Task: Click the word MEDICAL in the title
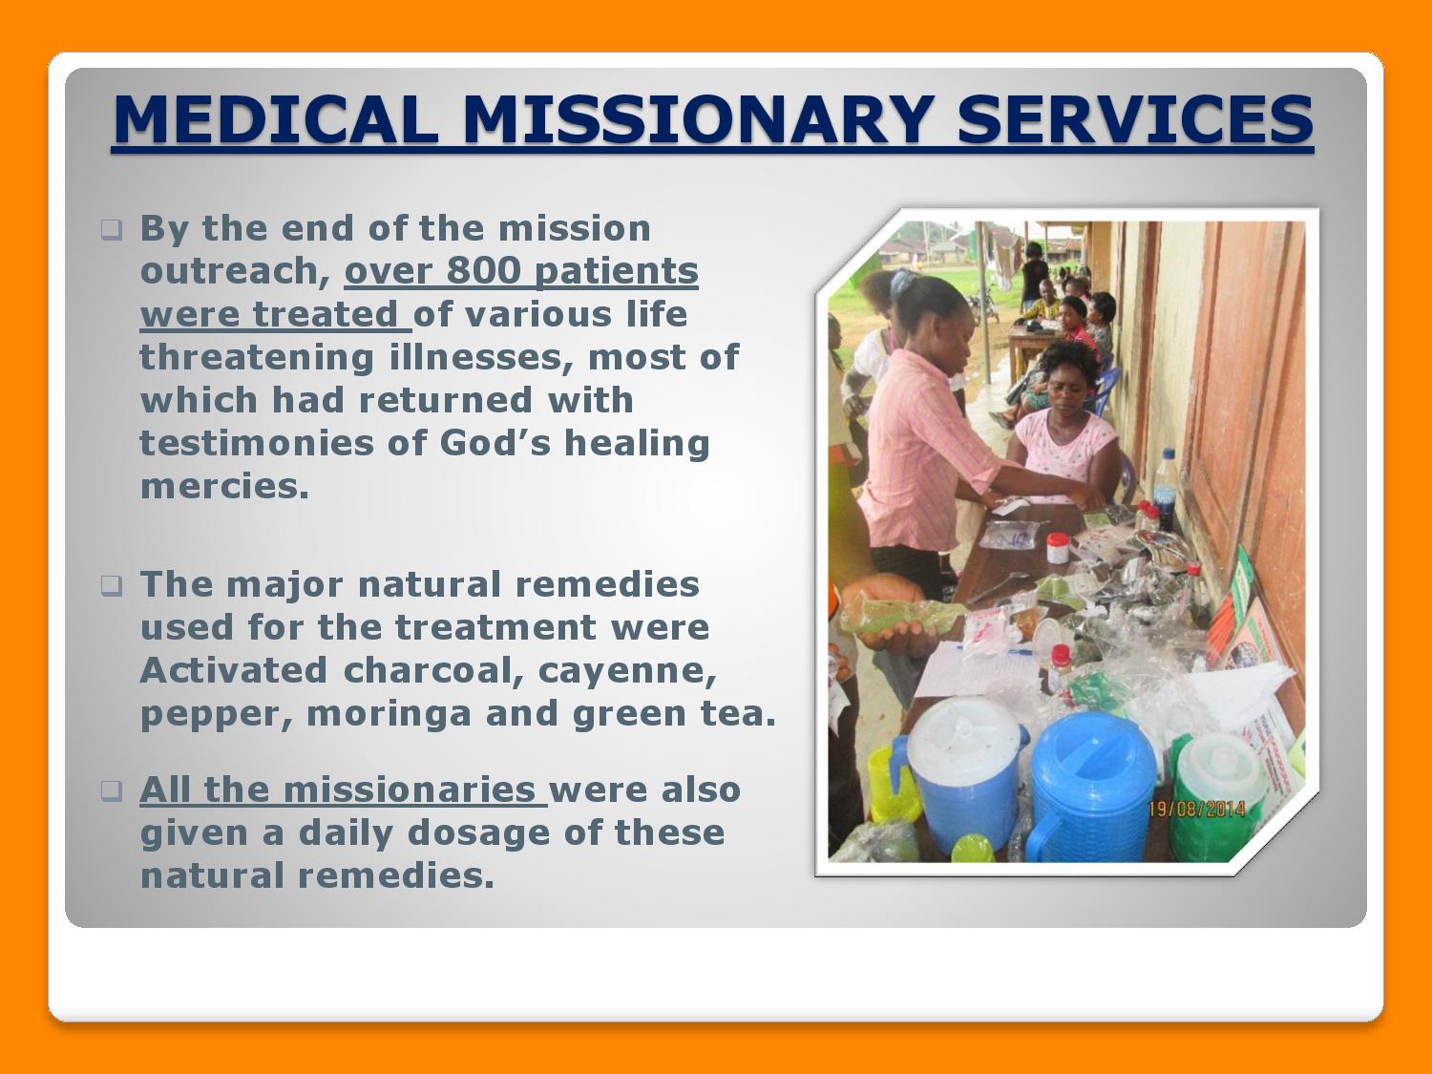click(x=276, y=119)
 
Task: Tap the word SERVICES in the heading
click(x=1135, y=119)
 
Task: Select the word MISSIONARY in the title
click(x=697, y=119)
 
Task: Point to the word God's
click(x=495, y=443)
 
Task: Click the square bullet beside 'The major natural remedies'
click(x=111, y=586)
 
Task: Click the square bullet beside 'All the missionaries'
click(x=111, y=791)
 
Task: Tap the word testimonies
click(x=257, y=443)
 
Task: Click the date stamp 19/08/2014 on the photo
click(x=1197, y=810)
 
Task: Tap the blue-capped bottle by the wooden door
click(x=1166, y=486)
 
